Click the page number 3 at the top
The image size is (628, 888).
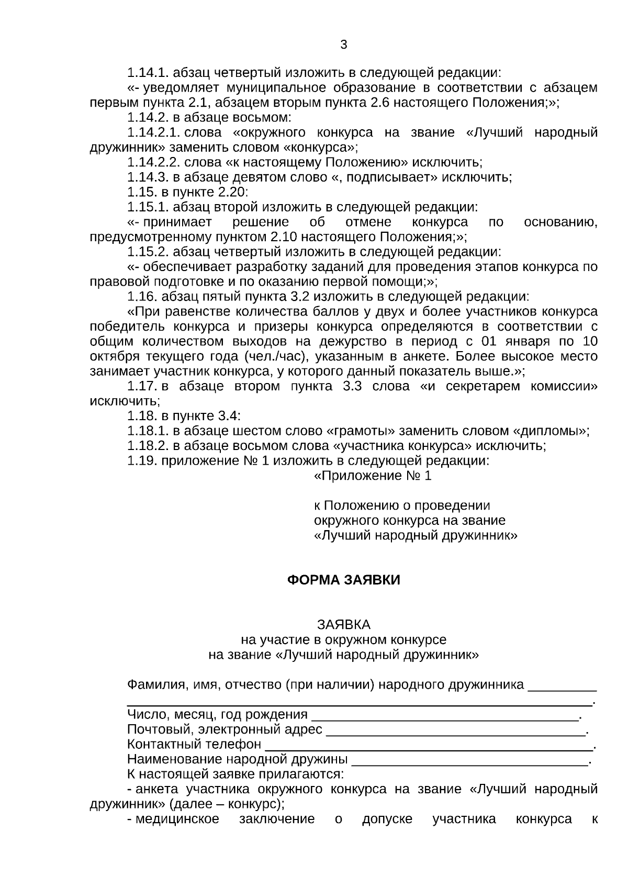click(x=343, y=45)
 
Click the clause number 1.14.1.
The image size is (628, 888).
click(x=148, y=73)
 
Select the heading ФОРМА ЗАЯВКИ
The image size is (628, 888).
click(x=343, y=580)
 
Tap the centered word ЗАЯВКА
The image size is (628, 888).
click(x=343, y=625)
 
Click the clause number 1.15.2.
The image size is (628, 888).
click(x=148, y=252)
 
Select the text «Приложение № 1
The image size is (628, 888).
click(x=372, y=477)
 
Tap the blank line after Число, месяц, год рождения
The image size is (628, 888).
click(x=445, y=715)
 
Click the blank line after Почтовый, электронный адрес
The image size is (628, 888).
click(x=455, y=730)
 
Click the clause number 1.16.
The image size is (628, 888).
click(x=142, y=297)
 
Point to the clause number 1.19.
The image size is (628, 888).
click(x=142, y=462)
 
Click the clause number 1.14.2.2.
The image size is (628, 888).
click(x=154, y=163)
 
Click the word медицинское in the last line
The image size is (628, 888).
click(x=177, y=819)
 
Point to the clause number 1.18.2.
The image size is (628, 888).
click(x=148, y=446)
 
